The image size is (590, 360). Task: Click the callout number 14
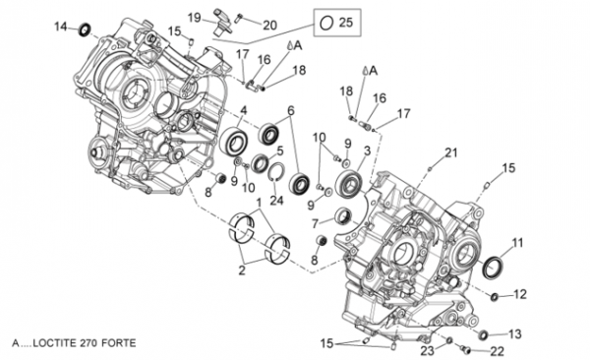(x=61, y=28)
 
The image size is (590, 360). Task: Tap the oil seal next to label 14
(x=85, y=30)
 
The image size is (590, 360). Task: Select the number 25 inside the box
(x=346, y=23)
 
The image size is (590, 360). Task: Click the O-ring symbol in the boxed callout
(x=326, y=23)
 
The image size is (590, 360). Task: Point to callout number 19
(x=195, y=18)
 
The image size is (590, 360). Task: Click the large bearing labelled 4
(x=233, y=141)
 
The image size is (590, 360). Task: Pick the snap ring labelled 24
(x=276, y=172)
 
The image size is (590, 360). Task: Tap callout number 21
(x=451, y=152)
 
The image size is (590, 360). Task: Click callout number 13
(x=515, y=333)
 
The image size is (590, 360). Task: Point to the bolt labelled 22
(x=465, y=350)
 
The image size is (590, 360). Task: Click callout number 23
(x=427, y=351)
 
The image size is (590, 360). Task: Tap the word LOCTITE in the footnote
(x=56, y=343)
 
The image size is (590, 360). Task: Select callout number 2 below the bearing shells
(x=242, y=270)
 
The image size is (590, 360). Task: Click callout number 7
(x=315, y=224)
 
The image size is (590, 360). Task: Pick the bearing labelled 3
(x=349, y=184)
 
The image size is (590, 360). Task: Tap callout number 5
(x=280, y=151)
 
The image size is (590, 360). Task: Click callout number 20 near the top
(x=269, y=26)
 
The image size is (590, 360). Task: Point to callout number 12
(x=520, y=294)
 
